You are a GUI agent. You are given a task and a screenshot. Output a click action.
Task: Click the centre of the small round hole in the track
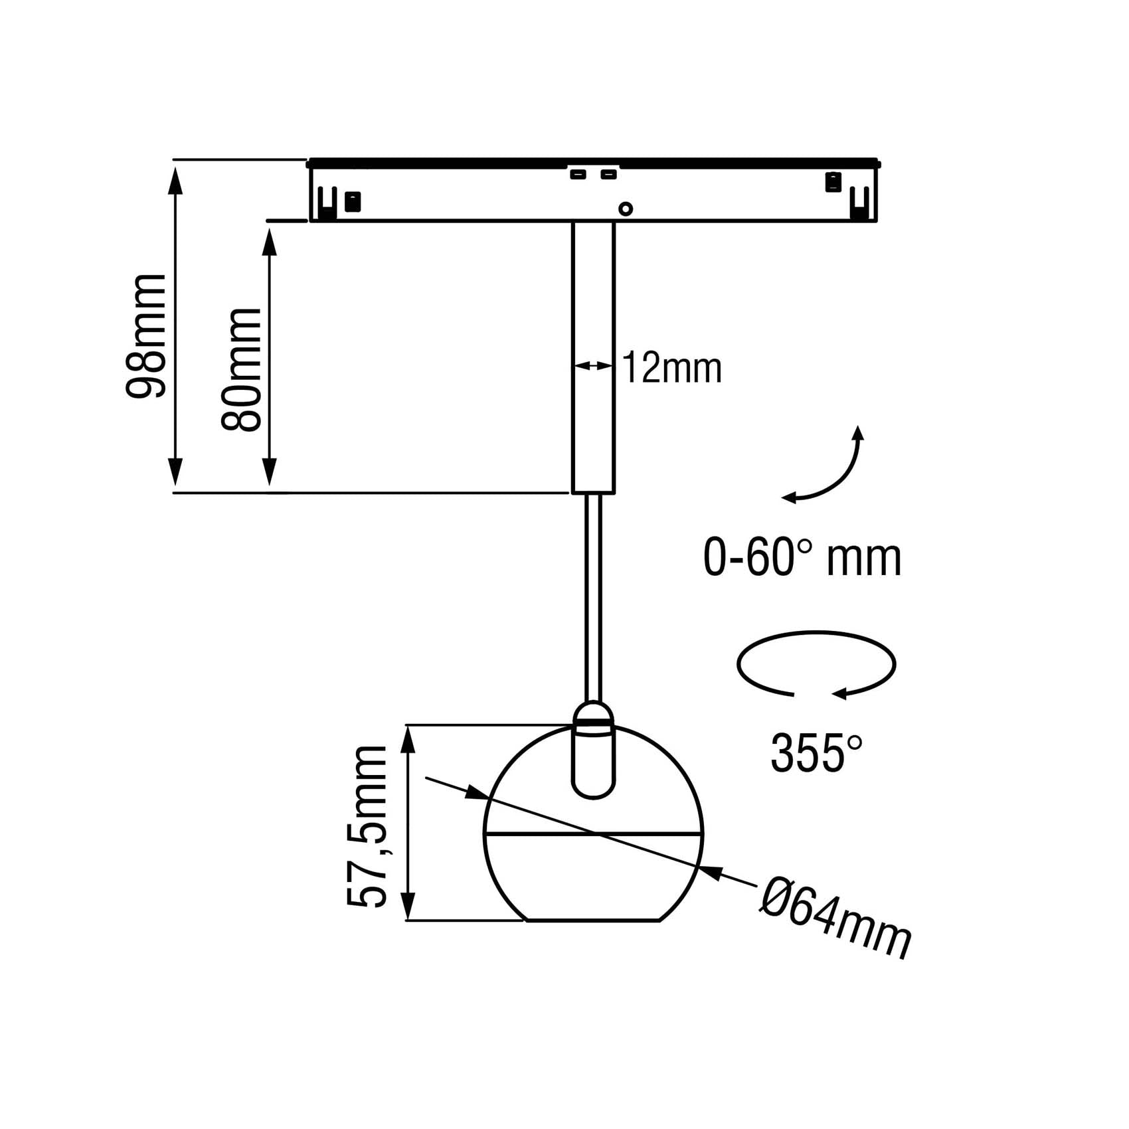click(625, 209)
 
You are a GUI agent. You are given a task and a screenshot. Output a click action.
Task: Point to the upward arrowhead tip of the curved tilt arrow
click(859, 426)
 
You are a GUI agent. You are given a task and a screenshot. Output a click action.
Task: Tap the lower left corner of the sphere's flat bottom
click(527, 920)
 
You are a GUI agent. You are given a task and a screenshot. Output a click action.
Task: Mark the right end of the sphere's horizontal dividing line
click(701, 832)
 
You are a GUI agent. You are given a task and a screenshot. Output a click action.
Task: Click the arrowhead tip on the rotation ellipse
click(833, 695)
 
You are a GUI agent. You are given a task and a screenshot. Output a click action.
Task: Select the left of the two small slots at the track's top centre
click(577, 175)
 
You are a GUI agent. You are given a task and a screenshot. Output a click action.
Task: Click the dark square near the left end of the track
click(353, 201)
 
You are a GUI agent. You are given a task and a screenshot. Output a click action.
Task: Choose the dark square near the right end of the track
click(833, 181)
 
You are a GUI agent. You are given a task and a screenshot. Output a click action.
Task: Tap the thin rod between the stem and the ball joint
click(594, 597)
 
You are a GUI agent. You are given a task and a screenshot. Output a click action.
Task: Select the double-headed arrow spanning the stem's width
click(593, 365)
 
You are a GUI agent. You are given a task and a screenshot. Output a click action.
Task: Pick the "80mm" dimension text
click(241, 369)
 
